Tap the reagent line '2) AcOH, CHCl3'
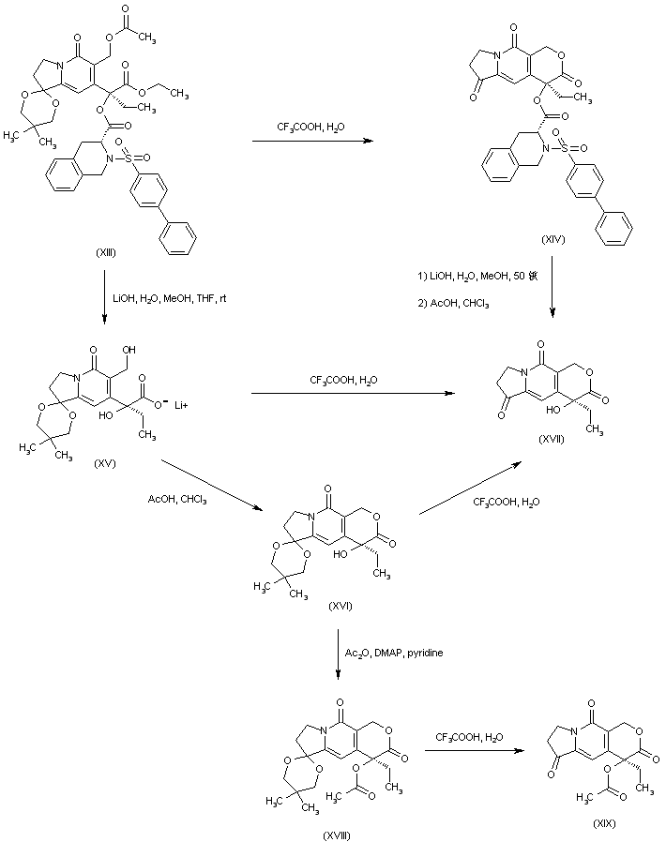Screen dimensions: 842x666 [x=449, y=304]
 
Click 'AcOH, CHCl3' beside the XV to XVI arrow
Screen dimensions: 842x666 [x=179, y=499]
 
